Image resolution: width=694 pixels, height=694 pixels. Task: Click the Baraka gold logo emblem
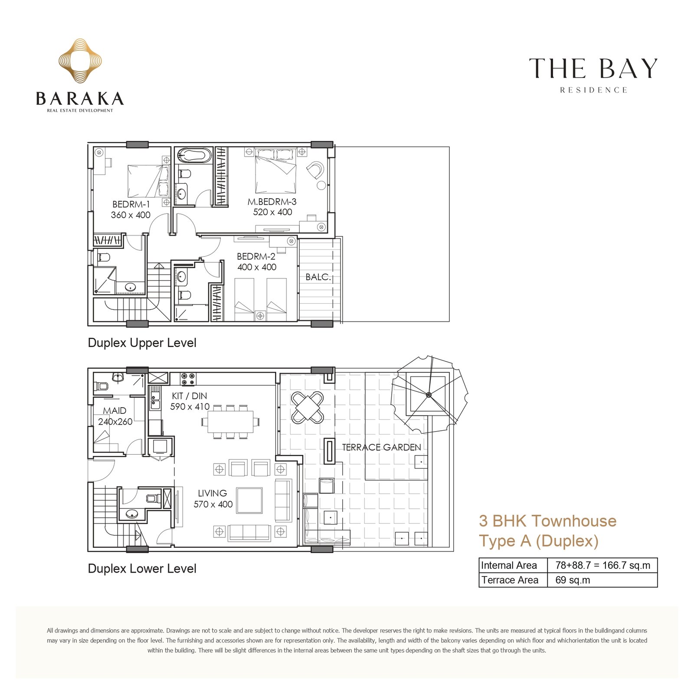click(80, 61)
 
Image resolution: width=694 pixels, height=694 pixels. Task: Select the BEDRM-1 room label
click(131, 204)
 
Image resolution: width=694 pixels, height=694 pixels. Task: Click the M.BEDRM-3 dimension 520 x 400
click(272, 212)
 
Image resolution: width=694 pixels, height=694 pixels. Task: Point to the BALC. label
click(318, 277)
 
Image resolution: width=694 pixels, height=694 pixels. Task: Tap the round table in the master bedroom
click(321, 186)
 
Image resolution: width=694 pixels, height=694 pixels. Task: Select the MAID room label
click(115, 411)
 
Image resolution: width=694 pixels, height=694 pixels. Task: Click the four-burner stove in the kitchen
click(188, 379)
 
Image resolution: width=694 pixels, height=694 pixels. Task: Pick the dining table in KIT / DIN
click(230, 422)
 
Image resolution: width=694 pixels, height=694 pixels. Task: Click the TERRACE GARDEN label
click(381, 447)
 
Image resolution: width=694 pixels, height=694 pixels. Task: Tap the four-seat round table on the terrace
click(308, 408)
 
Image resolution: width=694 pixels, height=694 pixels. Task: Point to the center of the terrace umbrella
click(429, 395)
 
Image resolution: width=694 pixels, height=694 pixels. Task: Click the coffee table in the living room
click(249, 501)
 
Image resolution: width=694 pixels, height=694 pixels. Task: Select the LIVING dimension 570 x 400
click(213, 504)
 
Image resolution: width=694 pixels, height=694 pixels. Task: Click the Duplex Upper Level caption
click(142, 343)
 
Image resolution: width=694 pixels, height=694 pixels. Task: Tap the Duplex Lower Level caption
click(142, 569)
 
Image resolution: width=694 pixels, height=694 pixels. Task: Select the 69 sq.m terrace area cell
click(573, 580)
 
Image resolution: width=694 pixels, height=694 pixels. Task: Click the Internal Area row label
click(509, 565)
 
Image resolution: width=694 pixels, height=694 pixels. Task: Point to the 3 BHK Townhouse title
click(547, 520)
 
